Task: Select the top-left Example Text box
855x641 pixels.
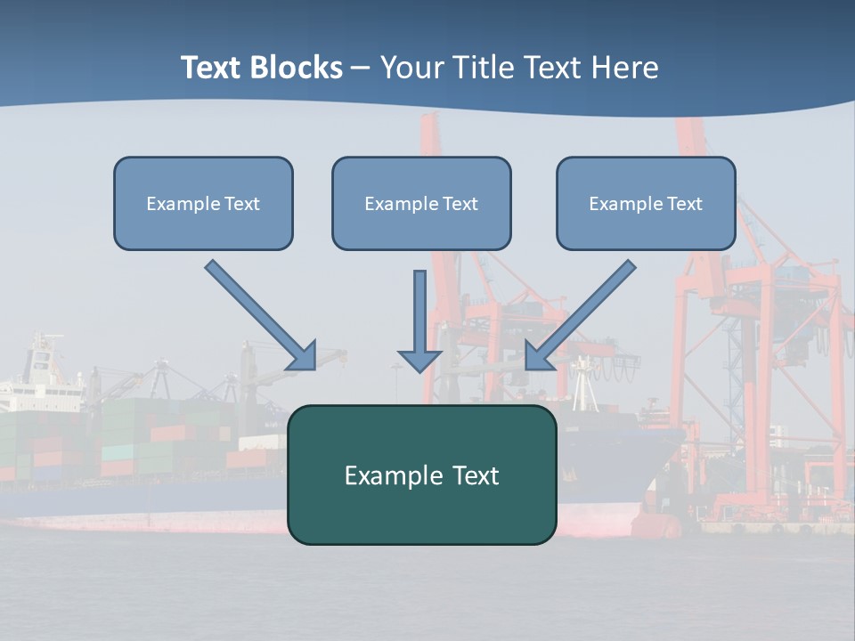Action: click(x=203, y=203)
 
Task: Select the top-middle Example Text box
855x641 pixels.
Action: click(x=421, y=203)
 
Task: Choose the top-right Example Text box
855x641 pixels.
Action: click(x=646, y=203)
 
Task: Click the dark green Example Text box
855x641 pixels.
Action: click(x=421, y=475)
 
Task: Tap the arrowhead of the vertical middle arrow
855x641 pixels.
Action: click(x=419, y=360)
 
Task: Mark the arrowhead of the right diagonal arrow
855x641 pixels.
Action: click(x=538, y=356)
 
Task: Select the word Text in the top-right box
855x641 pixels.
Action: click(x=684, y=203)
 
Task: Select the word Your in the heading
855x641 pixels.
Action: click(x=409, y=68)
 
